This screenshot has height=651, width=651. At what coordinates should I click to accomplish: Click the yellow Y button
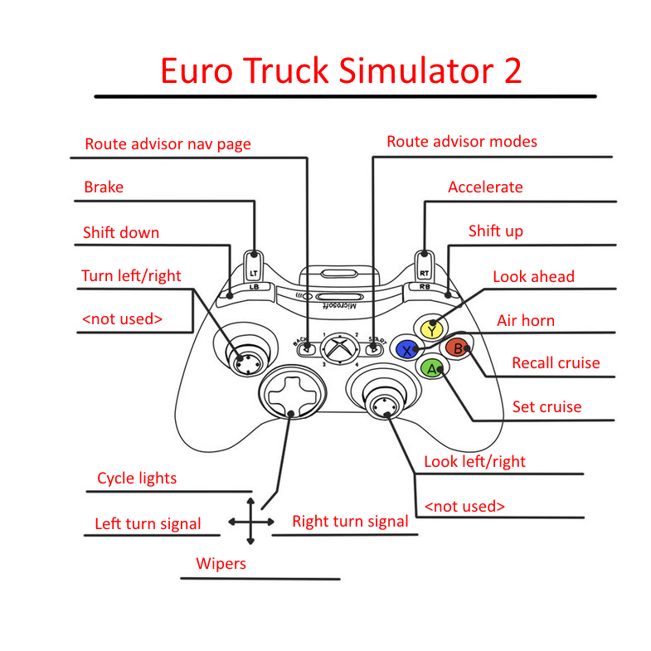[x=431, y=329]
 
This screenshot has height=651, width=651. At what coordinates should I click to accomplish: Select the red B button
[x=455, y=348]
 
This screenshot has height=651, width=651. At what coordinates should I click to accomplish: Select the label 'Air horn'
[x=525, y=320]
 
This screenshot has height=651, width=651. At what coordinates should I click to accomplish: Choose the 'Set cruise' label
[x=546, y=406]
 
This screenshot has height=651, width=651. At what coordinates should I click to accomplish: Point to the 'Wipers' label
[x=221, y=564]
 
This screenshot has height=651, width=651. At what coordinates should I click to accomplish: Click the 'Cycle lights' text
[x=137, y=479]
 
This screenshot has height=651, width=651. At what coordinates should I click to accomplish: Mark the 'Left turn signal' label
[x=148, y=523]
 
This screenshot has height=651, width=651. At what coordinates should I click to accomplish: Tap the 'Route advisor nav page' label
[x=168, y=144]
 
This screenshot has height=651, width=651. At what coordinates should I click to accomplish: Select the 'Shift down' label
[x=121, y=232]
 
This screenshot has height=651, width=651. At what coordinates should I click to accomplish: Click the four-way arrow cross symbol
[x=251, y=521]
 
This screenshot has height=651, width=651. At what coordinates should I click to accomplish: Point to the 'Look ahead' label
[x=533, y=276]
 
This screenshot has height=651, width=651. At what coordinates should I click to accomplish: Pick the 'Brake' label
[x=104, y=187]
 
